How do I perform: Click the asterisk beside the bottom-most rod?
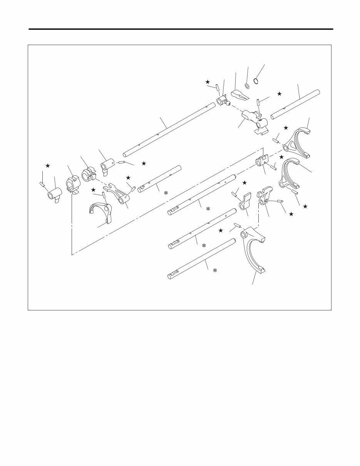coord(215,271)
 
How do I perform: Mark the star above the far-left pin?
coord(47,166)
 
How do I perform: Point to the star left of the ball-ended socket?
coord(208,82)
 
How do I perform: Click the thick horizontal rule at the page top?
coord(180,29)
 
